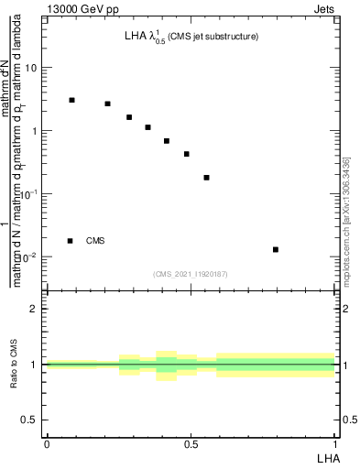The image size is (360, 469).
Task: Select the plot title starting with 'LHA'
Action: point(191,37)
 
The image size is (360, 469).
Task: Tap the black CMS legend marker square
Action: point(71,241)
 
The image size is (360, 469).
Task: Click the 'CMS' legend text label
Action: point(95,241)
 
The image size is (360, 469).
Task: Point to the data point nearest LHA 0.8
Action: point(276,249)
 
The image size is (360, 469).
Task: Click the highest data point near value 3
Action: point(72,100)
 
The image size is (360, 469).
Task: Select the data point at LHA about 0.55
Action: point(206,178)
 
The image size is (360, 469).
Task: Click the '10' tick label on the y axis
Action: point(31,68)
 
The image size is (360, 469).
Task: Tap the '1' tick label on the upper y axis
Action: point(34,131)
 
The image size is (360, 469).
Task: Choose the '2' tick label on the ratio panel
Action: point(34,309)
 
